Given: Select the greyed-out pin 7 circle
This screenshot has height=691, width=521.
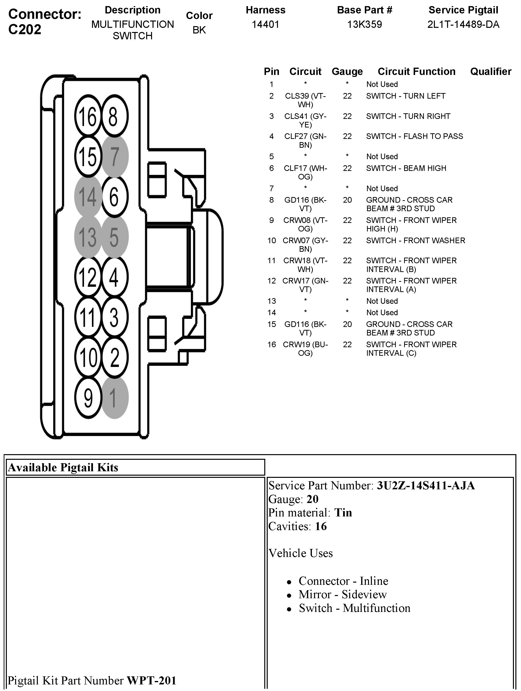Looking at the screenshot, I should click(114, 156).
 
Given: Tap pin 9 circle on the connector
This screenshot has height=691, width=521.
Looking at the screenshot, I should click(88, 398).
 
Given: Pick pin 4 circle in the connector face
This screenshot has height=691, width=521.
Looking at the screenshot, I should click(114, 277).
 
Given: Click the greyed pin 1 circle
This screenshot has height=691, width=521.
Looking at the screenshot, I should click(114, 398).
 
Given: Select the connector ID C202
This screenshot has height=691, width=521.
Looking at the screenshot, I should click(25, 29).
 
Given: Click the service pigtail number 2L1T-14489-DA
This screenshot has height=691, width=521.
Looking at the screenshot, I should click(463, 24).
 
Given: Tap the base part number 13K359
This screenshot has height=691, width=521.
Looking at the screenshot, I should click(364, 24).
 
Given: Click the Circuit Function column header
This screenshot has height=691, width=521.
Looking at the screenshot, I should click(416, 72).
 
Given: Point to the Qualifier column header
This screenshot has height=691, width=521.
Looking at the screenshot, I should click(491, 72).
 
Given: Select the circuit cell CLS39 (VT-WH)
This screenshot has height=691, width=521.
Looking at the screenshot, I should click(305, 100).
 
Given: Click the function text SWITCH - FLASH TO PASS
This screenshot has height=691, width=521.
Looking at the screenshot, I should click(415, 136).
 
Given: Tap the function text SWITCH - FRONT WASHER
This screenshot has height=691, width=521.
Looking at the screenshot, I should click(416, 241).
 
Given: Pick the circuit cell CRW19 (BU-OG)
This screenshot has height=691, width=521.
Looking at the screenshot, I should click(305, 349).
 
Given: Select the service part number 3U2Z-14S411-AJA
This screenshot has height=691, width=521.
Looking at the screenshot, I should click(426, 485).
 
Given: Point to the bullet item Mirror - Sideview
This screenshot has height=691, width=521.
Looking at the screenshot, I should click(342, 594).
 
